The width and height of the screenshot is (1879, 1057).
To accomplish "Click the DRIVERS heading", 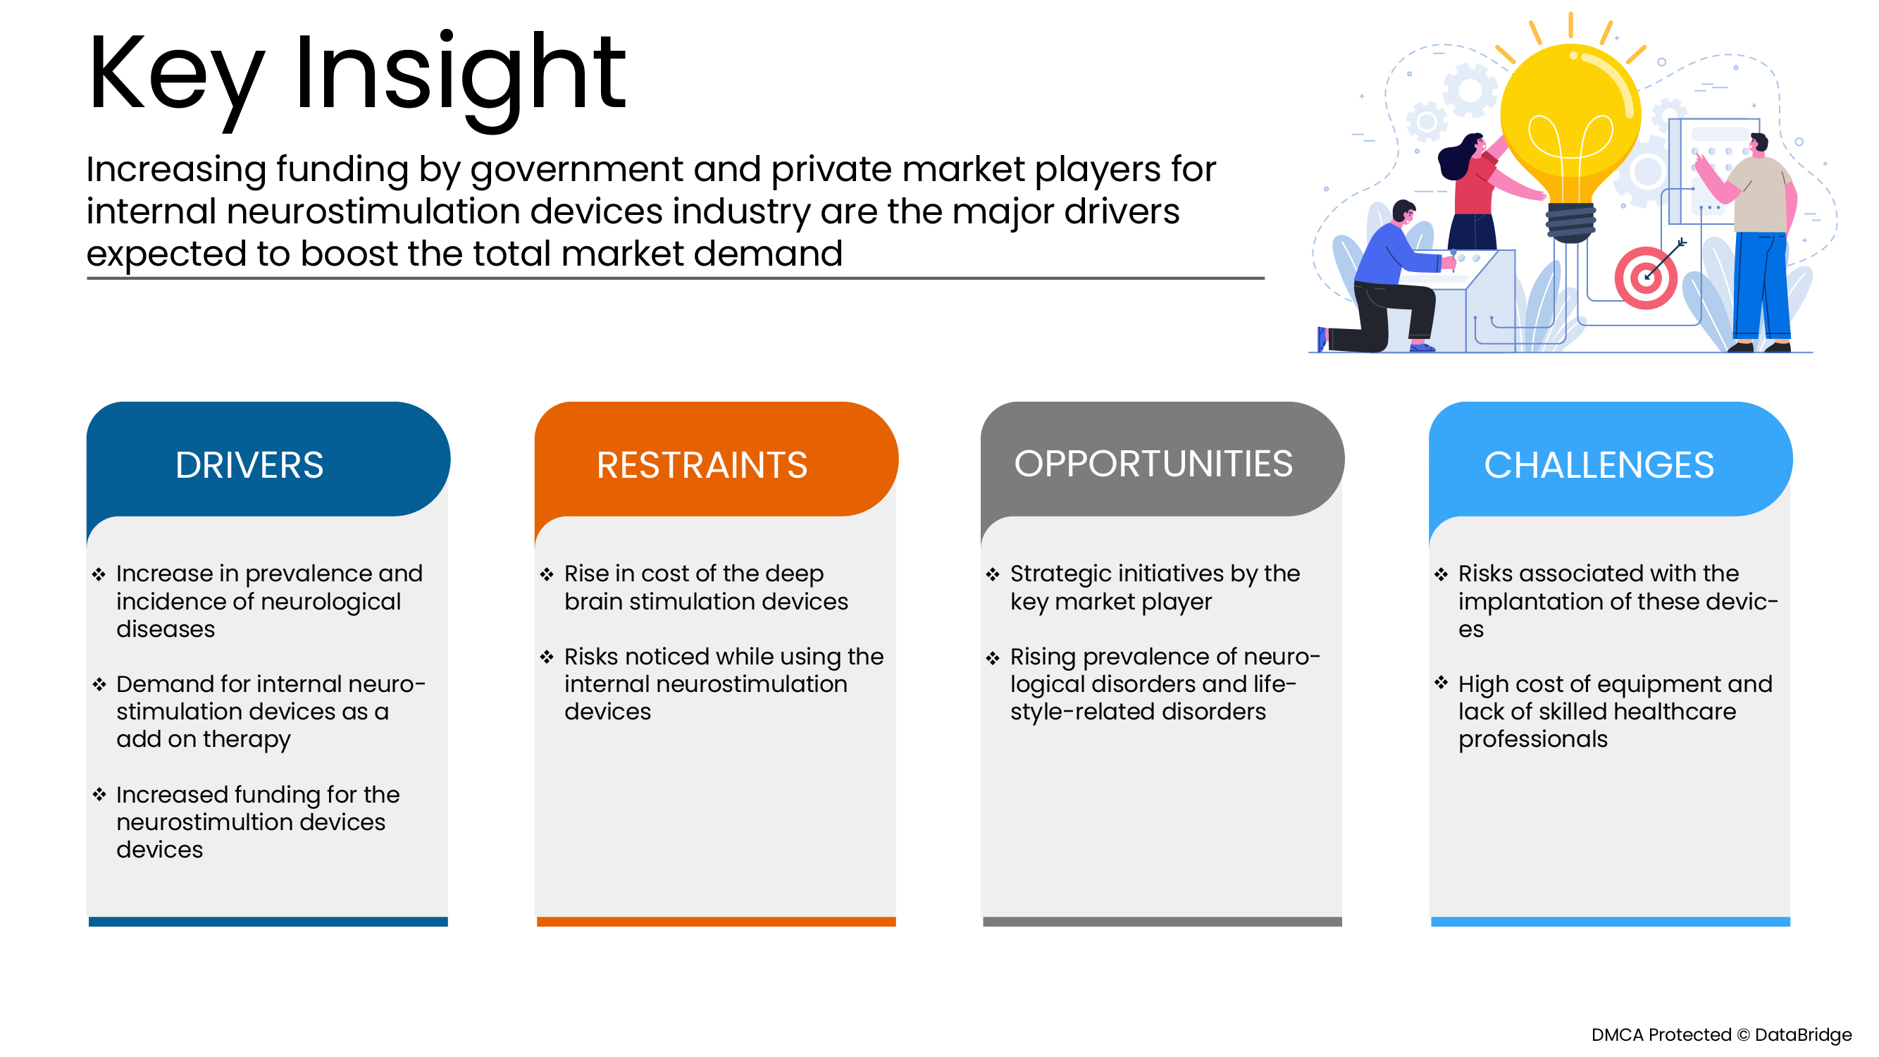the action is pyautogui.click(x=249, y=465).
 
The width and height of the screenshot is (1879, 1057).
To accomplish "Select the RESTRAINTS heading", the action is pyautogui.click(x=702, y=465).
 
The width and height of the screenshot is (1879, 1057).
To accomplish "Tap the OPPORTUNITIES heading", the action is pyautogui.click(x=1153, y=464).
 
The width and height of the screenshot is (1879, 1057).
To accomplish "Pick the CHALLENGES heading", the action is pyautogui.click(x=1599, y=465).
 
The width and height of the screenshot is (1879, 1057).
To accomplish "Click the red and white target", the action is pyautogui.click(x=1646, y=278).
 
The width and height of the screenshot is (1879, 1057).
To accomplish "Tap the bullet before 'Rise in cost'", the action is pyautogui.click(x=547, y=575).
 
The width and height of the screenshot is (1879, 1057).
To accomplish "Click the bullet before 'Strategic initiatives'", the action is pyautogui.click(x=993, y=575).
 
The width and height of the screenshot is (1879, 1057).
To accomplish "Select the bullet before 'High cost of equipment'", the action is pyautogui.click(x=1441, y=683).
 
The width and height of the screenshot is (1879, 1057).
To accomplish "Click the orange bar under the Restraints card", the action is pyautogui.click(x=717, y=921).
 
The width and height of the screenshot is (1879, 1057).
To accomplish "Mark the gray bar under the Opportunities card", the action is pyautogui.click(x=1162, y=921).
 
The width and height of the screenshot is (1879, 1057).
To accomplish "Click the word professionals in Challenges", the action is pyautogui.click(x=1532, y=740).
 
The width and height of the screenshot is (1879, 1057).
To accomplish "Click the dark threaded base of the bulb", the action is pyautogui.click(x=1570, y=222).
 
